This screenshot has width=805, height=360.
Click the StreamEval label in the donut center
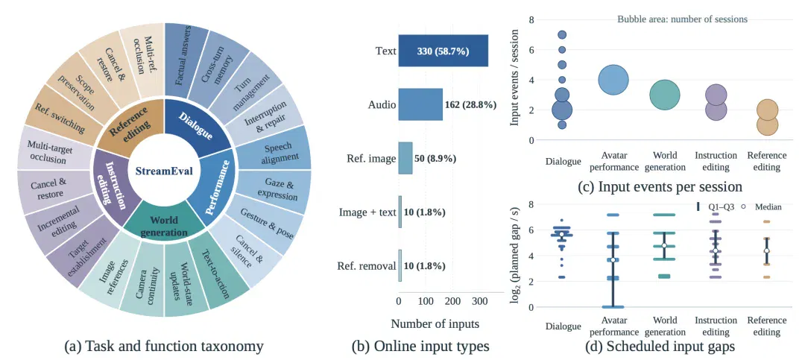point(164,171)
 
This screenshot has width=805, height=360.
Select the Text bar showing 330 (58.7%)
point(443,51)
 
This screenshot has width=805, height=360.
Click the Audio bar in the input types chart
point(420,104)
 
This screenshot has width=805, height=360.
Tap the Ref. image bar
point(405,158)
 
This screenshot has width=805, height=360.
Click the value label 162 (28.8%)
point(470,105)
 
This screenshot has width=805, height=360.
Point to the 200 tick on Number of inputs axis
point(452,301)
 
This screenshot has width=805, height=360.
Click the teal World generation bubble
point(665,95)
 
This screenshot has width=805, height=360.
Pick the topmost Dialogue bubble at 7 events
point(562,35)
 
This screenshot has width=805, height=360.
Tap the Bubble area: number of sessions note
point(682,19)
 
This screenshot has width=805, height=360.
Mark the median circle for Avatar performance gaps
point(613,260)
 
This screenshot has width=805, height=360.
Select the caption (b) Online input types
point(420,347)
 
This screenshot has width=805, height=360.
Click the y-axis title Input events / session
point(515,78)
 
